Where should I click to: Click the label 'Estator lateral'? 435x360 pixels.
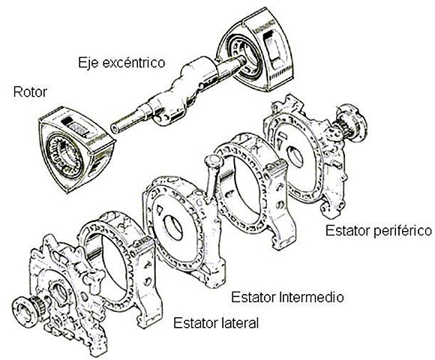216,324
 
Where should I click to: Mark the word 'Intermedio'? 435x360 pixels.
310,296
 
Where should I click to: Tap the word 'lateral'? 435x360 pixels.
239,324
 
